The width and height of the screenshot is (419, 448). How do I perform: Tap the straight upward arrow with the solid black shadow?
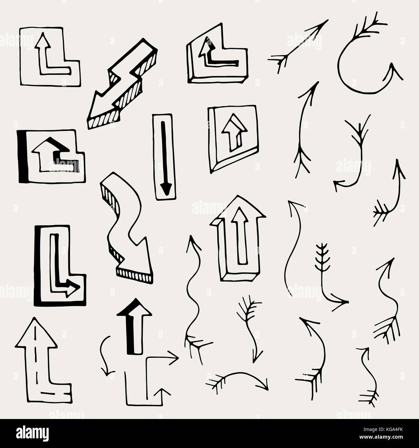[134, 326]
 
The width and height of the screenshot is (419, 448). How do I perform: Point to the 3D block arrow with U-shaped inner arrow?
[238, 239]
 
